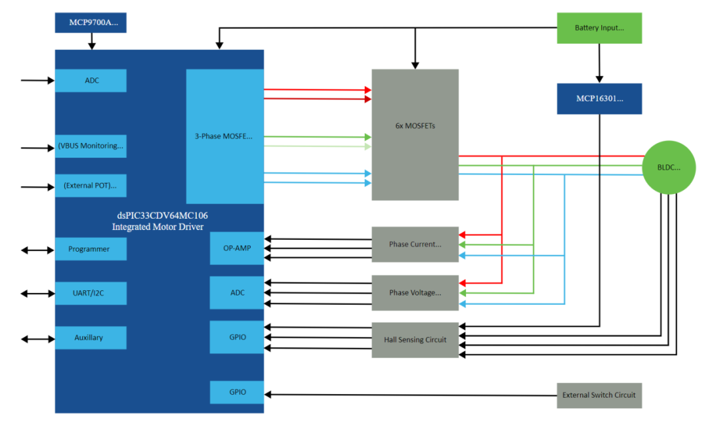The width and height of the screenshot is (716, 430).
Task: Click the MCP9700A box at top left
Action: (x=91, y=23)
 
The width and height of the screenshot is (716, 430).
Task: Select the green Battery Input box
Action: (x=599, y=28)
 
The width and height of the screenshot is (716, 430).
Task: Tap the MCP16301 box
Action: (x=599, y=99)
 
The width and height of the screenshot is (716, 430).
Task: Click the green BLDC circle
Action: (x=670, y=167)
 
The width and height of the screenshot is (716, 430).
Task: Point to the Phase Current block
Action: (x=415, y=244)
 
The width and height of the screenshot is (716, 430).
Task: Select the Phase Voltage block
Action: (x=415, y=293)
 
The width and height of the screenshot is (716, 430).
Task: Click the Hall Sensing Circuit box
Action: (x=415, y=340)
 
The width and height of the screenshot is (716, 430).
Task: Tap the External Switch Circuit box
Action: (x=599, y=396)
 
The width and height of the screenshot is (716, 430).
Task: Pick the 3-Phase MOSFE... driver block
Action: (x=225, y=136)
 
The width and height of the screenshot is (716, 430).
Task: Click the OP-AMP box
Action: (x=237, y=248)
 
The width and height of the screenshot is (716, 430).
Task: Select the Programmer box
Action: (x=91, y=249)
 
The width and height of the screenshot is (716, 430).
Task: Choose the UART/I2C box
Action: (x=91, y=293)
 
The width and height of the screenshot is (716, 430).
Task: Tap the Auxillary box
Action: (x=91, y=338)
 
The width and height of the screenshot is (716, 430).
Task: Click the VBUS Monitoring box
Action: (x=91, y=146)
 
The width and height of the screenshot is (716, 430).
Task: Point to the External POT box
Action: (x=91, y=186)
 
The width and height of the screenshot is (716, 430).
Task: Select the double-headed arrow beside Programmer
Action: (x=38, y=250)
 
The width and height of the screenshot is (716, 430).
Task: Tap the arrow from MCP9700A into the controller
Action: (x=91, y=41)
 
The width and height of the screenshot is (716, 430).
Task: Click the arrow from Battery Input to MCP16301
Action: (x=599, y=63)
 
